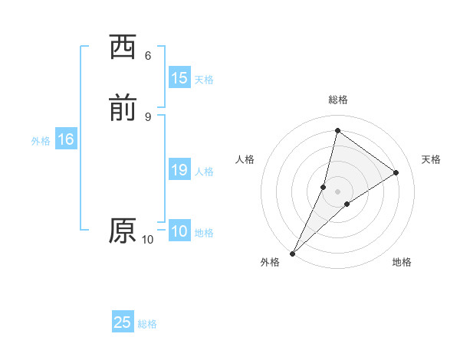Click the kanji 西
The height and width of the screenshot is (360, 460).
click(123, 47)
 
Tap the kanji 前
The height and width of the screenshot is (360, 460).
click(123, 109)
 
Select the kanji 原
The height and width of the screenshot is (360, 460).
click(123, 231)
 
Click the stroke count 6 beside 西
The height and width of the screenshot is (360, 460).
click(148, 56)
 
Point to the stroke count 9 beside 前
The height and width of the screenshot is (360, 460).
click(148, 116)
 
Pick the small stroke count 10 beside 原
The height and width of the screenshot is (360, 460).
click(148, 240)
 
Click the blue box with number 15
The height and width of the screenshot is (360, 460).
click(179, 78)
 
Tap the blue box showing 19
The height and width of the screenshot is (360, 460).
click(179, 170)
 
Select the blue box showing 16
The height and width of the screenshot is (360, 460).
click(66, 139)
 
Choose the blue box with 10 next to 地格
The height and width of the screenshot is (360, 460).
click(179, 231)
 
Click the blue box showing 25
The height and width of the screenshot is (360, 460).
click(123, 322)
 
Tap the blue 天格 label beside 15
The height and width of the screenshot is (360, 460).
click(204, 80)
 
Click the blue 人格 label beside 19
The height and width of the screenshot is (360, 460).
click(204, 172)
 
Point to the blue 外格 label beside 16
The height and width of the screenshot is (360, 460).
click(41, 141)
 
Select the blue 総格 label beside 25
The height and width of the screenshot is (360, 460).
click(147, 324)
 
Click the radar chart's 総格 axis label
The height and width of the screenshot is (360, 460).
click(338, 100)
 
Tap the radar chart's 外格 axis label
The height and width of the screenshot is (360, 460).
click(270, 263)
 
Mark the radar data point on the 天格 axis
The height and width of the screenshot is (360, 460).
click(396, 172)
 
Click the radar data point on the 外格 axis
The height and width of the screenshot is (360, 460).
click(292, 253)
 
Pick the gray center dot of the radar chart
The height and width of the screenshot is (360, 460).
click(338, 191)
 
